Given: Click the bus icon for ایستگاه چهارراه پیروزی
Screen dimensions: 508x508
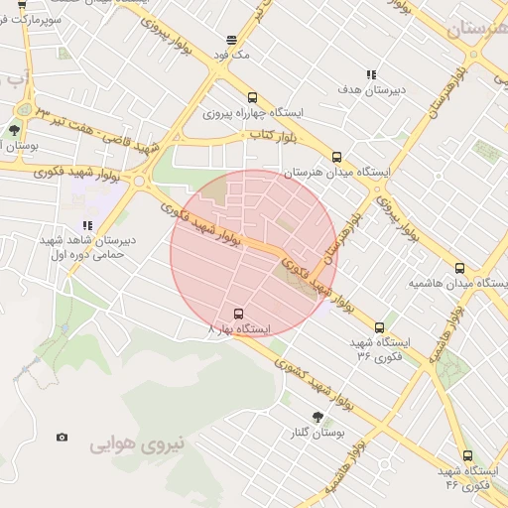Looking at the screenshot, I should click(252, 97).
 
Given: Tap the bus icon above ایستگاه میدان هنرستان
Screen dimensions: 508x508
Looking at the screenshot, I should click(337, 157).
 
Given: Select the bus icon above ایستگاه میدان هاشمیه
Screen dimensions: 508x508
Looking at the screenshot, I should click(459, 268).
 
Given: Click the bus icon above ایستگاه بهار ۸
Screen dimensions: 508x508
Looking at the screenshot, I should click(236, 313).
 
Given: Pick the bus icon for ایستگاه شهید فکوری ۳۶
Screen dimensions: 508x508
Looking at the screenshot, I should click(379, 326).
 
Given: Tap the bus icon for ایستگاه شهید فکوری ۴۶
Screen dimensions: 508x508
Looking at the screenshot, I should click(467, 455).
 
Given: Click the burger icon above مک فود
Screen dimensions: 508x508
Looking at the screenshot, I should click(231, 41).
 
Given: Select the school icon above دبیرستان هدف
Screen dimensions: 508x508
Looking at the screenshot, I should click(371, 74).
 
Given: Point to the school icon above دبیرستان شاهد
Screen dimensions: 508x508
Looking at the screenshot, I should click(87, 226).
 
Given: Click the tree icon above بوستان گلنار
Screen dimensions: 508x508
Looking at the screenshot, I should click(317, 418).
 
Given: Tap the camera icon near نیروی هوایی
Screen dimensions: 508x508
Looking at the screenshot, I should click(63, 437).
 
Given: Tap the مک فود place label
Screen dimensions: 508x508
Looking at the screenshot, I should click(238, 55).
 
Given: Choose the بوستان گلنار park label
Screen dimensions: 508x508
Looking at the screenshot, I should click(319, 434).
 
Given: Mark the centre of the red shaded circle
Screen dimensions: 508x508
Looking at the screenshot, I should click(254, 254).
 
